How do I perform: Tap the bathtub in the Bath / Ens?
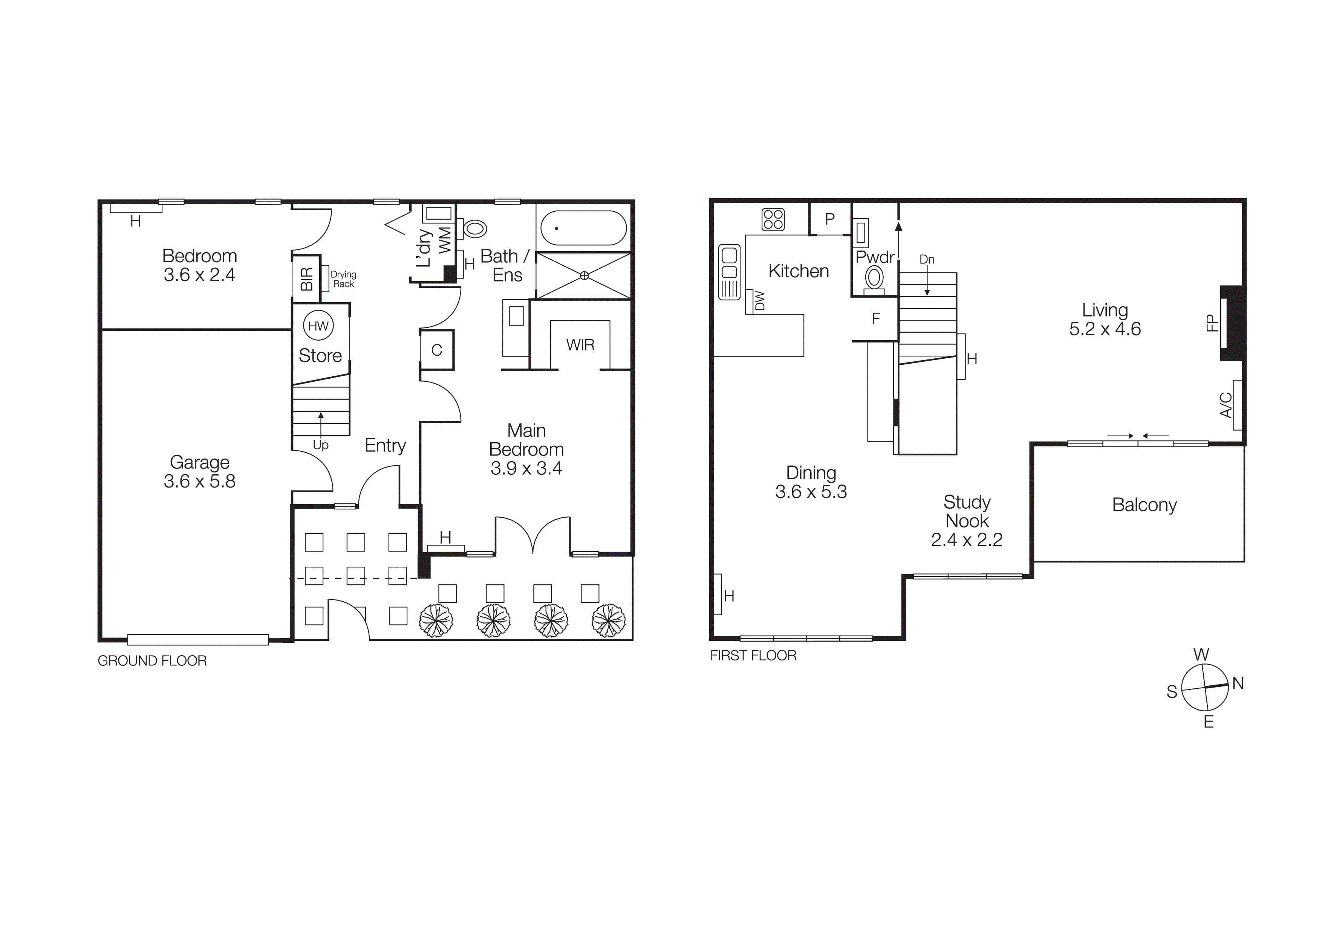tap(583, 228)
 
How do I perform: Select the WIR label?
tap(580, 345)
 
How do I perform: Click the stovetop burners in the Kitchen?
tap(773, 219)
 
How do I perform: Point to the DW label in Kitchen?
tap(759, 300)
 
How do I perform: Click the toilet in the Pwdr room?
tap(874, 278)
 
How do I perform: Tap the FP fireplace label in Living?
tap(1212, 323)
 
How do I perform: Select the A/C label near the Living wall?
tap(1226, 405)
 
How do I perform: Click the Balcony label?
tap(1144, 505)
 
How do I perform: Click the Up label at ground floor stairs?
tap(321, 445)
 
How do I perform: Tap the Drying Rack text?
tap(343, 279)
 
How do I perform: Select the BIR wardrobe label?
tap(306, 279)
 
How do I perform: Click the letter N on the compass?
tap(1238, 684)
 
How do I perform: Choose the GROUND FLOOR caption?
tap(152, 660)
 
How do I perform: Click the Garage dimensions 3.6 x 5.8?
tap(199, 481)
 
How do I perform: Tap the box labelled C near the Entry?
tap(436, 350)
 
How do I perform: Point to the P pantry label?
tap(830, 219)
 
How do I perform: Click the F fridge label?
tap(876, 319)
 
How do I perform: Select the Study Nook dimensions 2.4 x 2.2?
tap(967, 540)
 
